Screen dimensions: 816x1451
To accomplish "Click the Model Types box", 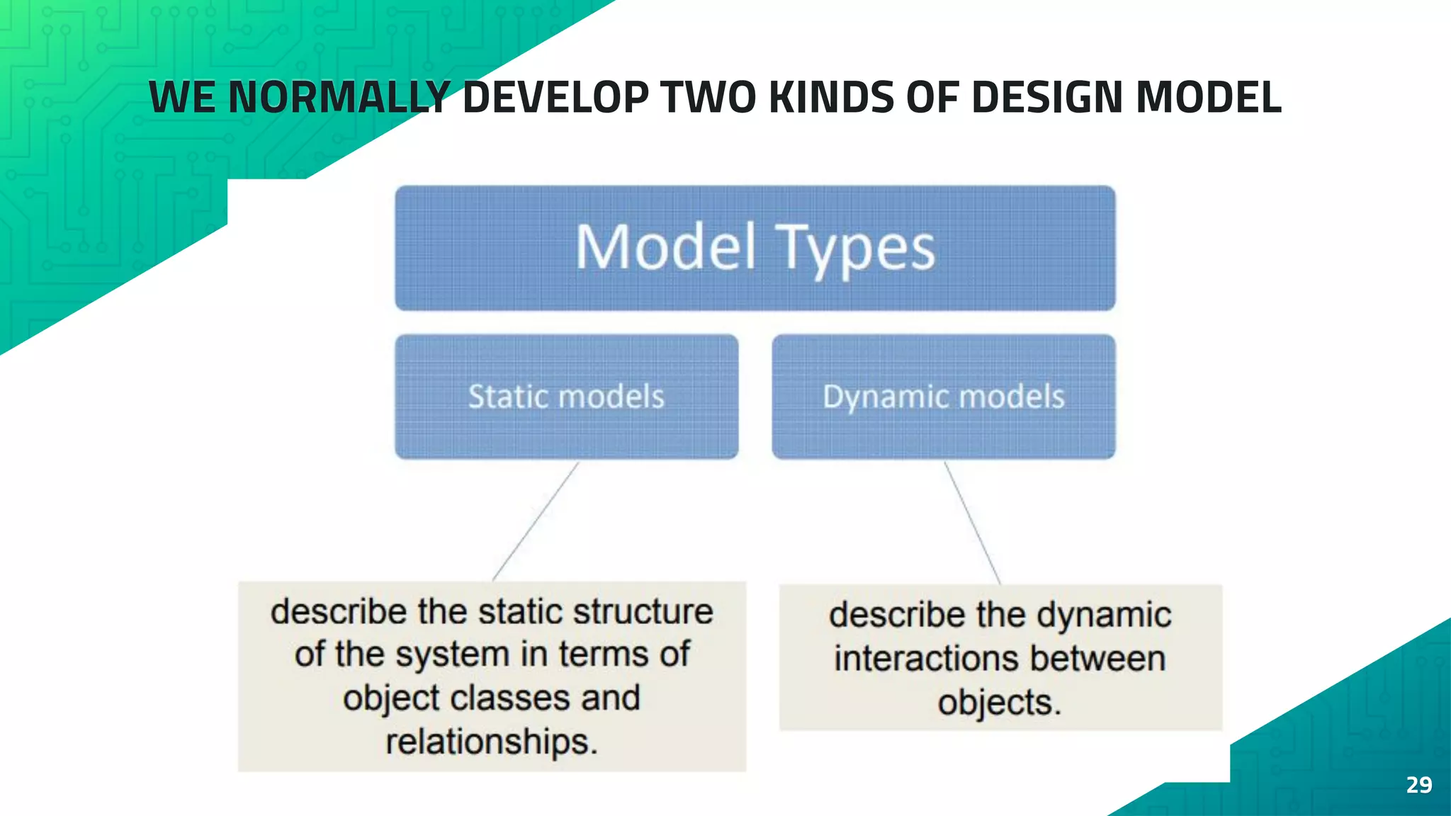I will pos(755,248).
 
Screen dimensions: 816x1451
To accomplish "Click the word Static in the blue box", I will pos(509,397).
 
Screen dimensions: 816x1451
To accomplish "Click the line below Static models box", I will pos(536,521).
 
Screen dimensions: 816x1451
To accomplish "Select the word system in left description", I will pos(453,654).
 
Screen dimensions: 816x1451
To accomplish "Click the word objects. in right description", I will pos(999,703).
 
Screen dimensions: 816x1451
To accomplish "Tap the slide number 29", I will pos(1418,785).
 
